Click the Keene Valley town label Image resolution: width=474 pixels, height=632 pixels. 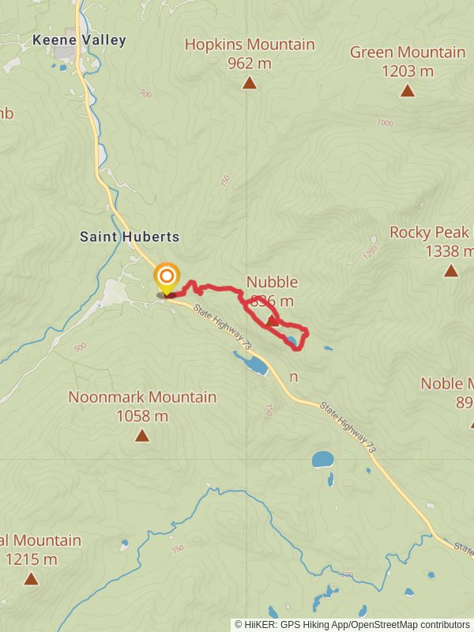(79, 40)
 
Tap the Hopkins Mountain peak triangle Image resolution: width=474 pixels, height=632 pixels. (250, 83)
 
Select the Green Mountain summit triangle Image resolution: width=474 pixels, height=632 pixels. (407, 91)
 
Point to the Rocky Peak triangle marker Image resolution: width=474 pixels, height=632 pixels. (450, 271)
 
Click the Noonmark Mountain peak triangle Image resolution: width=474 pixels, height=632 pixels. (142, 435)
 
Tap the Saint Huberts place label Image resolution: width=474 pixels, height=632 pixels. (130, 237)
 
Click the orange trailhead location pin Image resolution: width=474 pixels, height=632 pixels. (166, 277)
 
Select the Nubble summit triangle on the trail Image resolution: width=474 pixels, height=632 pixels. (272, 320)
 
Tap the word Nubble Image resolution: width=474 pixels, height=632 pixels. (272, 282)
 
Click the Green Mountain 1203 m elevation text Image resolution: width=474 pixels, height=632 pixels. (407, 71)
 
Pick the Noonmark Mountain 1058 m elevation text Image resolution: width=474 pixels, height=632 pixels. (142, 416)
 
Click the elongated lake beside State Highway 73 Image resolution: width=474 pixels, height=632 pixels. (251, 364)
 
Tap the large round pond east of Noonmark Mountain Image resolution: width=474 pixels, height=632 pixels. (322, 459)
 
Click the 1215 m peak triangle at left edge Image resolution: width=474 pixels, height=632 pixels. (31, 579)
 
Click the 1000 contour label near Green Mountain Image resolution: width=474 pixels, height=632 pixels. (385, 122)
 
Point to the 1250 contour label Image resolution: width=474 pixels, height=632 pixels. (370, 251)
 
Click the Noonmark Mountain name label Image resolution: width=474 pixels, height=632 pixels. (142, 397)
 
